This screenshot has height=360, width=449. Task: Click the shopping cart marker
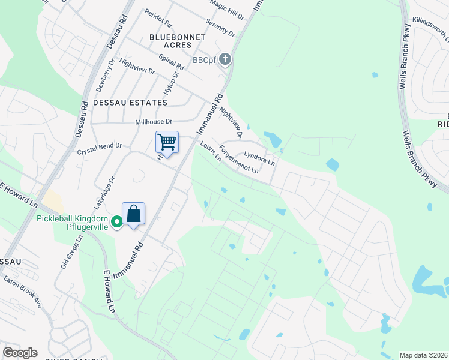click(167, 142)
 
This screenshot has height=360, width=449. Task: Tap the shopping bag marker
click(133, 214)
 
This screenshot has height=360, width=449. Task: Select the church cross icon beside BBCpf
click(225, 59)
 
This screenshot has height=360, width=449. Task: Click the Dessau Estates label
click(130, 103)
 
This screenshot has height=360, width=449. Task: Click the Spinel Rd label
click(170, 62)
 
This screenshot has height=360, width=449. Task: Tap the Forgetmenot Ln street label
click(238, 160)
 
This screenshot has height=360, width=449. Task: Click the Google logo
click(20, 353)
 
